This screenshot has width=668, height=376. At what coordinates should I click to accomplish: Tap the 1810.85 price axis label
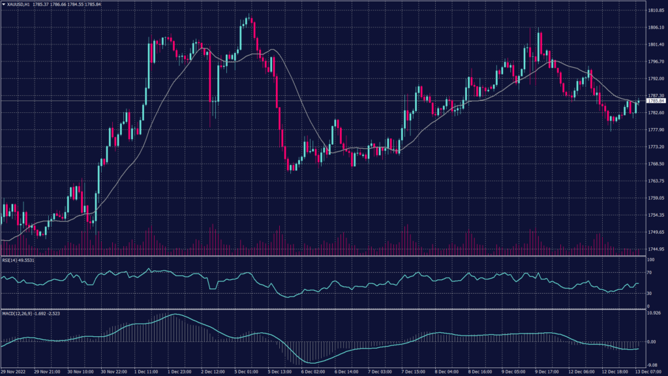[656, 10]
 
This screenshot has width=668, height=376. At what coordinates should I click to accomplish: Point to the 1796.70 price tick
[656, 61]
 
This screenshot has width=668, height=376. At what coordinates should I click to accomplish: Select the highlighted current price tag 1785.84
[656, 101]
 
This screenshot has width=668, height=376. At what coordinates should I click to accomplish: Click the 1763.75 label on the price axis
[656, 181]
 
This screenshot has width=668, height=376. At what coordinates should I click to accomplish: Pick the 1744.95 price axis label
[656, 249]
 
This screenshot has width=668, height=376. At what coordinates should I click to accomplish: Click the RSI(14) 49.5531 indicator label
[18, 260]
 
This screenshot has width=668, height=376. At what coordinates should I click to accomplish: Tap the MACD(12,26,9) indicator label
[26, 314]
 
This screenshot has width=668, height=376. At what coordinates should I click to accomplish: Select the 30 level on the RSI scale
[649, 292]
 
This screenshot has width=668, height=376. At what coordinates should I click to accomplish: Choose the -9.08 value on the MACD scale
[652, 365]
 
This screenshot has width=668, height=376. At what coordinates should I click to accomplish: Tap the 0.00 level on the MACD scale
[651, 341]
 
